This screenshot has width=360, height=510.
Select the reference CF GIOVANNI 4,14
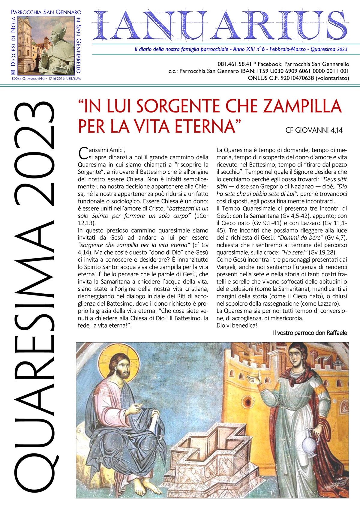314,130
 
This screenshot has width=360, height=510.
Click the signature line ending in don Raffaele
310,333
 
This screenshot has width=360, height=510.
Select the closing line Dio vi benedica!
237,325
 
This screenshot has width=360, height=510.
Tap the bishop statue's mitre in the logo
59,28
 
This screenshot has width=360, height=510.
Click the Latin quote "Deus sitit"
334,179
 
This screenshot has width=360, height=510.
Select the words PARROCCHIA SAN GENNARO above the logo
46,12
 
